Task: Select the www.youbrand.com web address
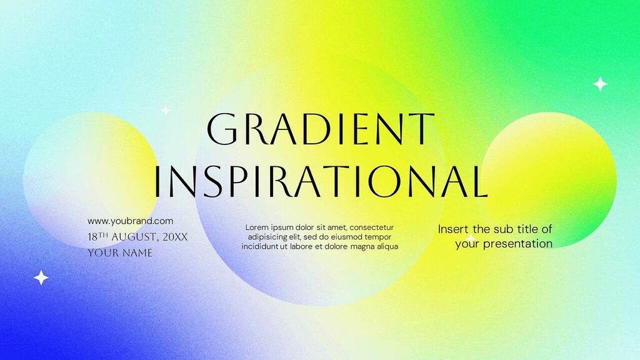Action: click(x=130, y=221)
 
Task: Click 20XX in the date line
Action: click(x=174, y=237)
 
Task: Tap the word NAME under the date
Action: click(x=137, y=253)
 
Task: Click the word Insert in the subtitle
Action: click(x=453, y=229)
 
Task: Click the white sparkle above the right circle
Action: click(x=600, y=84)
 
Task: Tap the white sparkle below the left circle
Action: click(x=41, y=277)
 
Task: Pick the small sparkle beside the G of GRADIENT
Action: click(x=166, y=111)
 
